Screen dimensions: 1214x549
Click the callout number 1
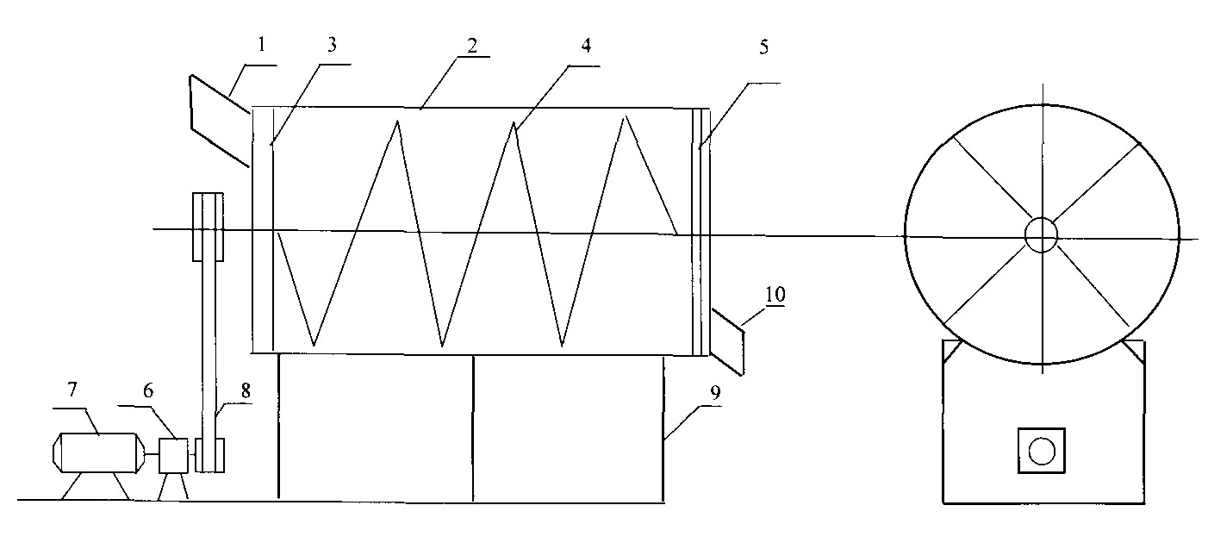(x=262, y=45)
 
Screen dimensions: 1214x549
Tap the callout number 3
(x=333, y=45)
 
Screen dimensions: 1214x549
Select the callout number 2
(x=473, y=46)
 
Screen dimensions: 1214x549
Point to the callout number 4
(x=586, y=46)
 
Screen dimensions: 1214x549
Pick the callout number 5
(x=763, y=47)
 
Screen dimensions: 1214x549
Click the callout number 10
(x=775, y=295)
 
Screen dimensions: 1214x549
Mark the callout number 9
(x=715, y=393)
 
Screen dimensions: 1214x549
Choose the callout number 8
(x=246, y=390)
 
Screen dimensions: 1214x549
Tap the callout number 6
(x=148, y=390)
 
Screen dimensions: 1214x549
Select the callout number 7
(x=72, y=389)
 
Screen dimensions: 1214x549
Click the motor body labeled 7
(x=98, y=452)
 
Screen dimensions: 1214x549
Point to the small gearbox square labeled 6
(x=173, y=455)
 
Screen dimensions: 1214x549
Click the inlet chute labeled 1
(x=220, y=121)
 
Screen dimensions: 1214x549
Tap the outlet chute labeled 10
(x=727, y=341)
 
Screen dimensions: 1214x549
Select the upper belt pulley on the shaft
(x=209, y=227)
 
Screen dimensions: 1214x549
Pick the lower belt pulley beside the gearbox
(x=209, y=455)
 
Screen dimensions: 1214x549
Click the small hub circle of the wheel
(x=1041, y=234)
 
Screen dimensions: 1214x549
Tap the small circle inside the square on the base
(x=1042, y=451)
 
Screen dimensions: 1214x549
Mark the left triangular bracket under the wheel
(x=952, y=351)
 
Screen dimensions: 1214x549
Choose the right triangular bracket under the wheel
(x=1134, y=352)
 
